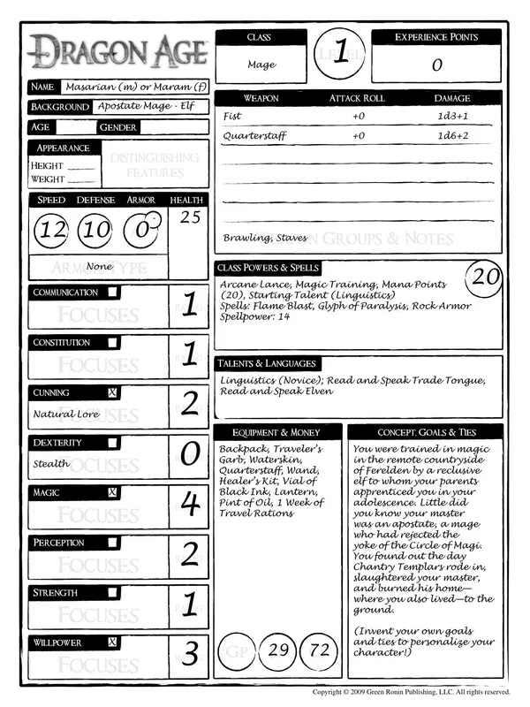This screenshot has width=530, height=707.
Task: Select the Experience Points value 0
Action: point(436,65)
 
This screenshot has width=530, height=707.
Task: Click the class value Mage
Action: point(261,65)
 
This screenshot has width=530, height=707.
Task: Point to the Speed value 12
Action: point(53,232)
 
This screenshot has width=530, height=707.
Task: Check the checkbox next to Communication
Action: point(113,293)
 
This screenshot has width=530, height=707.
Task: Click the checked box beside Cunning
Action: point(113,392)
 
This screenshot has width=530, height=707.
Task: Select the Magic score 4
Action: point(189,505)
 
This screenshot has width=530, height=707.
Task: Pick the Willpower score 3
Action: point(189,655)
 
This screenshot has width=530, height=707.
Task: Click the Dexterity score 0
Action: point(189,454)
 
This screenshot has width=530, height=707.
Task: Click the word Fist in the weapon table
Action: point(231,116)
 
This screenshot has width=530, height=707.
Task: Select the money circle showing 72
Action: point(321,650)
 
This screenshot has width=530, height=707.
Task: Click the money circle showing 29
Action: point(279,650)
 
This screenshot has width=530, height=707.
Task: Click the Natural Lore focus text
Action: point(64,413)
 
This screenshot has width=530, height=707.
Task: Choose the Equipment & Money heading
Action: point(275,432)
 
